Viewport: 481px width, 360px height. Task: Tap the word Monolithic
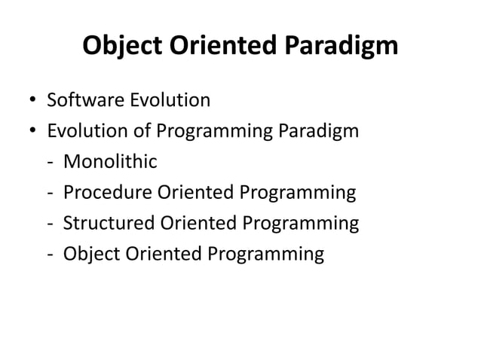click(x=110, y=162)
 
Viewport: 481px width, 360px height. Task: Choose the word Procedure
click(x=106, y=193)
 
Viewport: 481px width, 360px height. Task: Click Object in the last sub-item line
click(x=90, y=255)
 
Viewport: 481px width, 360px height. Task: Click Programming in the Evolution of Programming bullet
click(x=215, y=133)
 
